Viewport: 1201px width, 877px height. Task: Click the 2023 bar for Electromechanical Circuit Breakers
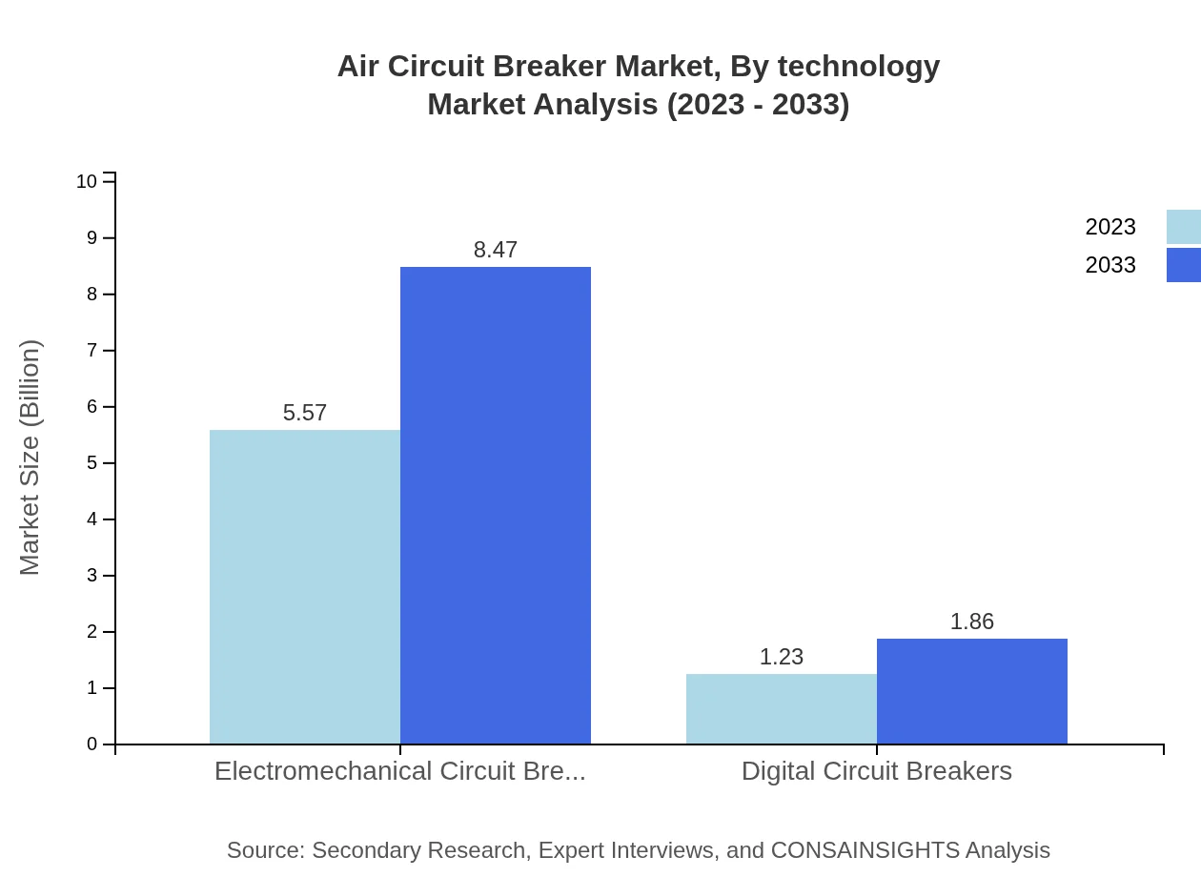tap(305, 586)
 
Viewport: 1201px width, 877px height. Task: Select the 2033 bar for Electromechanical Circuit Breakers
tap(496, 505)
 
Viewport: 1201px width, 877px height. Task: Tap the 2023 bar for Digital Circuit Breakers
tap(782, 709)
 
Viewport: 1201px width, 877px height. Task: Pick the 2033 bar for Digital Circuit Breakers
tap(972, 691)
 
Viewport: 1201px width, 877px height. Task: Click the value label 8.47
tap(496, 250)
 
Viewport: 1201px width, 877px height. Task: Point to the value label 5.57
tap(305, 413)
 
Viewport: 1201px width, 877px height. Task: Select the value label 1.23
tap(782, 657)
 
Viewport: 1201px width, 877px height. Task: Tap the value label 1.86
tap(972, 622)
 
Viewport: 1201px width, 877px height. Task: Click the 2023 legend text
tap(1110, 227)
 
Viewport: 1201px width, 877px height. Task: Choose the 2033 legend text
tap(1110, 265)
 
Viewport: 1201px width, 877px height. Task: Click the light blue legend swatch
tap(1183, 227)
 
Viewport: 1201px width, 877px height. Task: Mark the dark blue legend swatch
tap(1183, 265)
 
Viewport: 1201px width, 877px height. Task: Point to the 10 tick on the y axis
tap(87, 181)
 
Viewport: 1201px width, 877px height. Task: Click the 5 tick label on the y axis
tap(92, 463)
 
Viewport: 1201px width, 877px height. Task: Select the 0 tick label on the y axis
tap(92, 744)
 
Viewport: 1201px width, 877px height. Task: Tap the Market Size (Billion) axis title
tap(30, 458)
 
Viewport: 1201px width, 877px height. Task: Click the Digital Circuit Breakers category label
tap(877, 771)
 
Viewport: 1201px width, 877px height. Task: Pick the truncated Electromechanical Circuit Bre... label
tap(400, 771)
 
